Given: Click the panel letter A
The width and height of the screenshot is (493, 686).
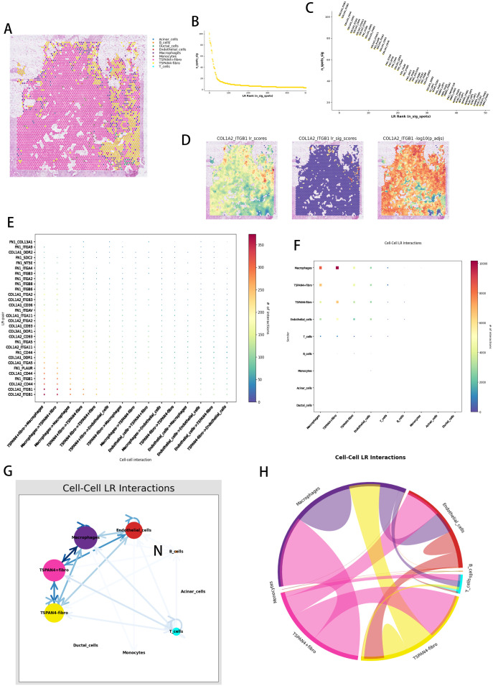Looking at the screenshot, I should [8, 29].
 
